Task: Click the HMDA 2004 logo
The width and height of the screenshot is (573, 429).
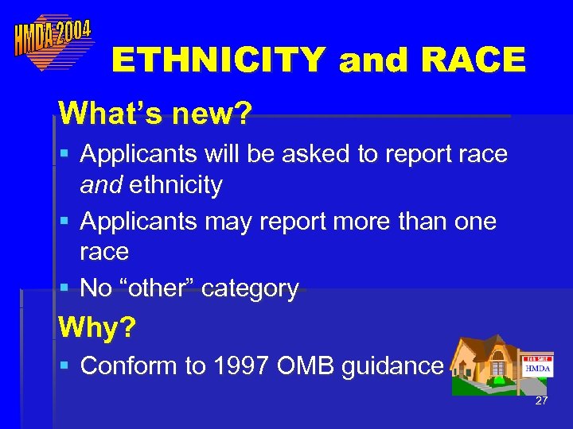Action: [52, 39]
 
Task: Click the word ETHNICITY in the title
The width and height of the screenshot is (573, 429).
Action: [219, 60]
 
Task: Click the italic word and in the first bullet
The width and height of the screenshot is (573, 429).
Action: [101, 185]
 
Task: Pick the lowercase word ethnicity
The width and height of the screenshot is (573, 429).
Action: [175, 185]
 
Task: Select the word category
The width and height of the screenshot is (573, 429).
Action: [250, 289]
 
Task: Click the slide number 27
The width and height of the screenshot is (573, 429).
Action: [541, 401]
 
